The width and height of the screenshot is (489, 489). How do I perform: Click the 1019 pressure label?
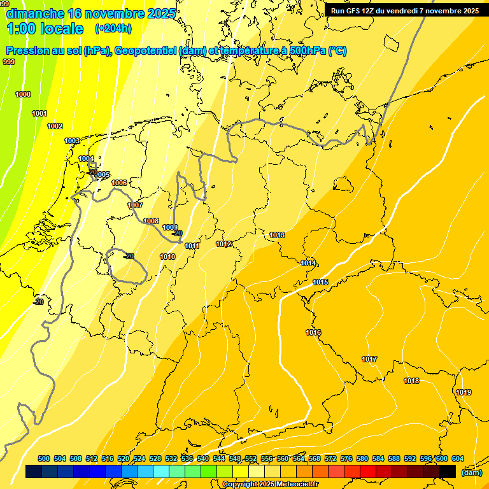point(464,392)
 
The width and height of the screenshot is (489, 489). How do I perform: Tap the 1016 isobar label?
point(313,332)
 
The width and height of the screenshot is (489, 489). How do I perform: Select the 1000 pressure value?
point(23,94)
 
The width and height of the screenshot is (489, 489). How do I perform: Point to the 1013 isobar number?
point(277,235)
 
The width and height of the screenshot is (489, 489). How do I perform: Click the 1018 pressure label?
point(411,381)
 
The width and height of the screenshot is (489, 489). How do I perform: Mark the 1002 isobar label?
point(55,126)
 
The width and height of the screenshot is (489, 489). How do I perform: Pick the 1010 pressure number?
point(167,257)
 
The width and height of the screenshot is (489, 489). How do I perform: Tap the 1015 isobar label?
point(320,282)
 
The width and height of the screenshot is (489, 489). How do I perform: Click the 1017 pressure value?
point(369,359)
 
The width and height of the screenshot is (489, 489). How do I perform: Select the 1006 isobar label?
point(119,183)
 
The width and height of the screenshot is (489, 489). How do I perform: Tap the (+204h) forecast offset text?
point(113,29)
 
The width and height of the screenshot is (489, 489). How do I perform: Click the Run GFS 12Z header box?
point(405,11)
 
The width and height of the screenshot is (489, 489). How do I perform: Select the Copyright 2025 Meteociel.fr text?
point(270,485)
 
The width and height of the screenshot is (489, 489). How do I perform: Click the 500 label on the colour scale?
point(44,458)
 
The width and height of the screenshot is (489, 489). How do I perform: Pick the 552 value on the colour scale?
point(251,458)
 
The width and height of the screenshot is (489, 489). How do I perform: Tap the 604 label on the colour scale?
point(457,458)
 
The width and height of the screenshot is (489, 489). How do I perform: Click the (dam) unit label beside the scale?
point(471,472)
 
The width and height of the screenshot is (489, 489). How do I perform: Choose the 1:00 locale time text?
point(45,29)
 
